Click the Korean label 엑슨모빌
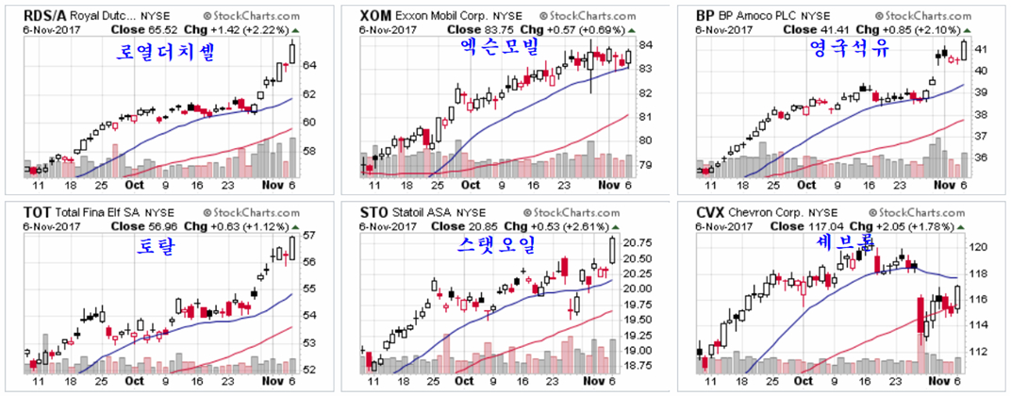492,47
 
